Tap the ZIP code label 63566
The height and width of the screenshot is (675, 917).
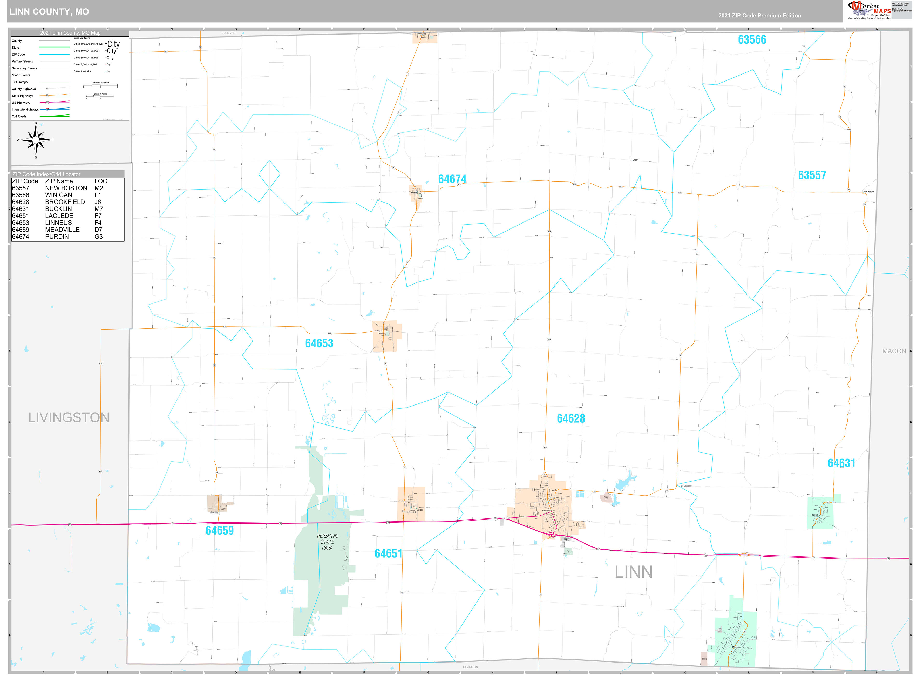coord(752,40)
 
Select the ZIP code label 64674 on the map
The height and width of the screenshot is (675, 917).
coord(452,179)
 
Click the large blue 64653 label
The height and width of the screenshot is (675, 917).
coord(319,343)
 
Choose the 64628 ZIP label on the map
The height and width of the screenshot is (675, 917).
coord(570,419)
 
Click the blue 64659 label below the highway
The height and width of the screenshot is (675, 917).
coord(219,530)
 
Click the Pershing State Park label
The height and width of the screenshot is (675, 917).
coord(328,541)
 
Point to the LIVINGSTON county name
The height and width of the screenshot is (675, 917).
coord(69,417)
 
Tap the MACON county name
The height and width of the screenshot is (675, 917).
coord(894,351)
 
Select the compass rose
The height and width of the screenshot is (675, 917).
coord(36,140)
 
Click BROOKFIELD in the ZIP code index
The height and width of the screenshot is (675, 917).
coord(65,202)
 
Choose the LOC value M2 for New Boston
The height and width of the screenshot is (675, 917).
coord(98,188)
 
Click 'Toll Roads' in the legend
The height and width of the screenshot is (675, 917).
coord(19,117)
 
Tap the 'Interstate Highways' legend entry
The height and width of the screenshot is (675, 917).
coord(25,110)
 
